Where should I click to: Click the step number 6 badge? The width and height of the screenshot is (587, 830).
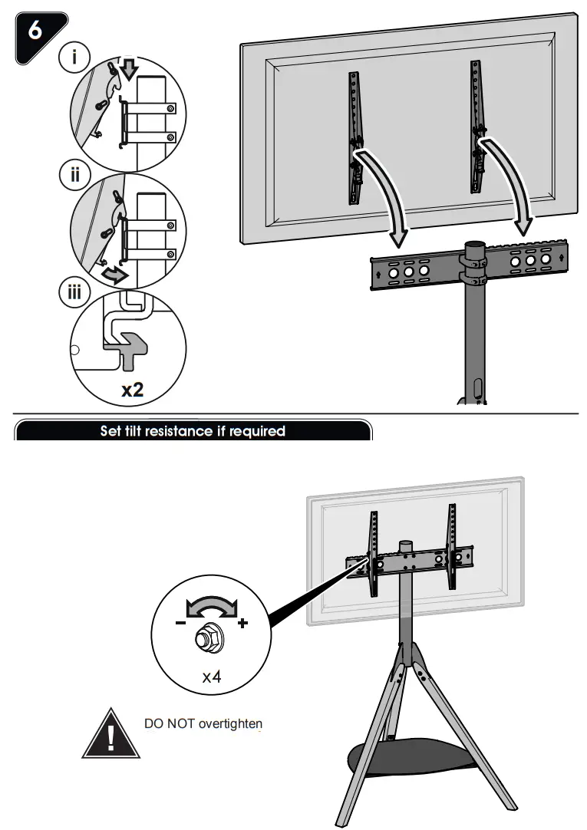[x=35, y=31]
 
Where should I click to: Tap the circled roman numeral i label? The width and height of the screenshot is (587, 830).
[x=75, y=58]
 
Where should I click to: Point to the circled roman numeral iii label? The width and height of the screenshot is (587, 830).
[x=75, y=293]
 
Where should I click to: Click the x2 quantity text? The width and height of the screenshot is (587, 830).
[x=132, y=389]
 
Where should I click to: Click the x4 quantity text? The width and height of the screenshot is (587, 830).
[x=211, y=677]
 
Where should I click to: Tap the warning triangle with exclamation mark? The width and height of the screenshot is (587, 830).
[x=110, y=733]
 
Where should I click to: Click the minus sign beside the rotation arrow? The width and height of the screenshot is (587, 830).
[x=180, y=623]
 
